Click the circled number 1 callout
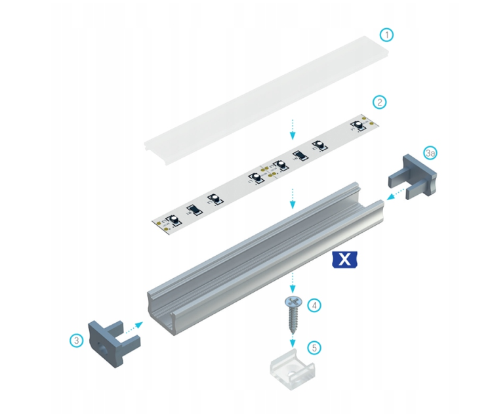tap(388, 34)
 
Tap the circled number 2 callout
tap(379, 102)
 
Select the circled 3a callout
tap(430, 154)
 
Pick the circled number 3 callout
tap(77, 340)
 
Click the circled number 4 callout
tap(315, 305)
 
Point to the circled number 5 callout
tap(315, 348)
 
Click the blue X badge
tap(342, 260)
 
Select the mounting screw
tap(291, 314)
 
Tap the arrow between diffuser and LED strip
tap(292, 129)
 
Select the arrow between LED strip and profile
tap(293, 197)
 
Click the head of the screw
tap(291, 301)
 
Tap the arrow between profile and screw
tap(292, 284)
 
